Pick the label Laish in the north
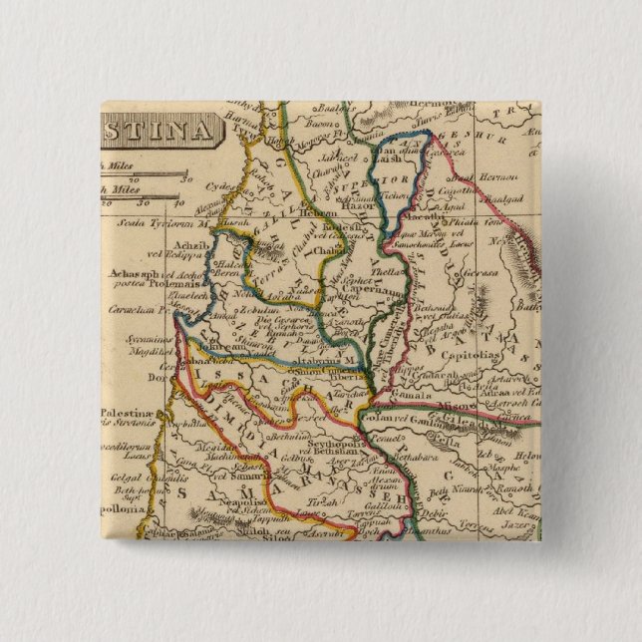388,159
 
